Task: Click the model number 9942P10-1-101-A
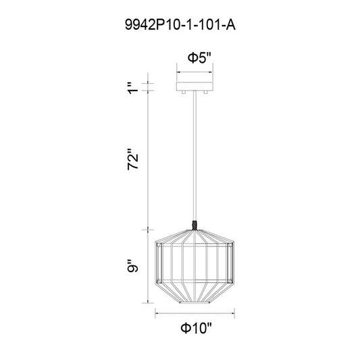pos(180,25)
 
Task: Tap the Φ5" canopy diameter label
pos(199,57)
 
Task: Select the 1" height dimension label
pos(133,88)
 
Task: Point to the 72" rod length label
pos(133,159)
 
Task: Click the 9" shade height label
pos(133,265)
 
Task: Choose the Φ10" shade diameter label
pos(196,328)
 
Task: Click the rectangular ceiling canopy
pos(195,86)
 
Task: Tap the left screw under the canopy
pos(184,93)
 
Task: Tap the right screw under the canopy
pos(206,93)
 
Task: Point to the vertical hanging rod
pos(195,155)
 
